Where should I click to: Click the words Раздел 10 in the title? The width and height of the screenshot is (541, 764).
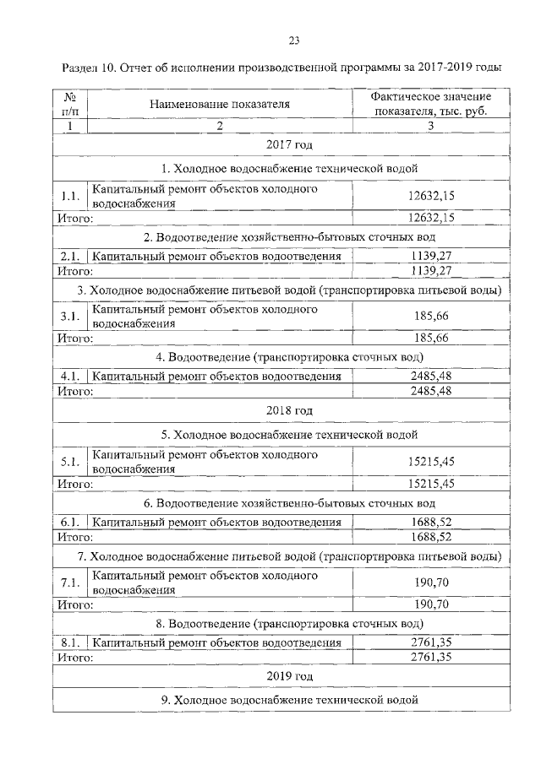click(95, 66)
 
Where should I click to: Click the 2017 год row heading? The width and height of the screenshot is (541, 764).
click(289, 146)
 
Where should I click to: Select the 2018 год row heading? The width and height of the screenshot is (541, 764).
click(289, 410)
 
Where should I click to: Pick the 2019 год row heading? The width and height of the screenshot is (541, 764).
click(289, 676)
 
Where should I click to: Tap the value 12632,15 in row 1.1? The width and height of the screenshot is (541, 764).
click(431, 197)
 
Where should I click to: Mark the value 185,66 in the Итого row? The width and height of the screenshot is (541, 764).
click(431, 338)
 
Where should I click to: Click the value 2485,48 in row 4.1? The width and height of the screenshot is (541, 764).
click(431, 377)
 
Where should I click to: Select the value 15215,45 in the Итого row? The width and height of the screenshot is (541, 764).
click(431, 484)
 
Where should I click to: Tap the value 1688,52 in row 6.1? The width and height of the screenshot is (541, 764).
click(431, 522)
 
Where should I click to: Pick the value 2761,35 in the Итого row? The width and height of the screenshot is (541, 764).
click(431, 656)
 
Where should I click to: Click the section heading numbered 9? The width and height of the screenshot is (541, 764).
click(289, 700)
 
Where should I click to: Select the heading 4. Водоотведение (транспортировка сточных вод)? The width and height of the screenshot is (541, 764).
click(289, 357)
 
